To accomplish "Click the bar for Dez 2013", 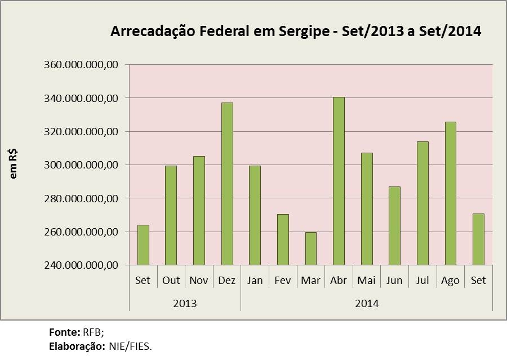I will coord(227,184).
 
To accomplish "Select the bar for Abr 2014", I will coord(339,181).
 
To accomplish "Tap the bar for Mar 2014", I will coord(311,248).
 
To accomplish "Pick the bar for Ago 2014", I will coord(450,193).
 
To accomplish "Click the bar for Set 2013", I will coord(143,245).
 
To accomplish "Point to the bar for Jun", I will coord(394,225).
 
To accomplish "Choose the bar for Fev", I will coord(283,239).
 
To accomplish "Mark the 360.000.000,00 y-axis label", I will coord(81,65).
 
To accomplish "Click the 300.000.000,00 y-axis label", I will coord(81,165).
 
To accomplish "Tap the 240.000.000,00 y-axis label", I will coord(81,265).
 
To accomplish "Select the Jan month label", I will coord(255,281).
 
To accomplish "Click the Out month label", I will coord(171,281).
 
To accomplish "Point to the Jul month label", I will coord(422,281).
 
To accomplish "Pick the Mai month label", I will coord(367,281).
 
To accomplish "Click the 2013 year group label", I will coord(185,304).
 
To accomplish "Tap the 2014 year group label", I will coord(367,304).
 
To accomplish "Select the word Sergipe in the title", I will coord(304,31).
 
